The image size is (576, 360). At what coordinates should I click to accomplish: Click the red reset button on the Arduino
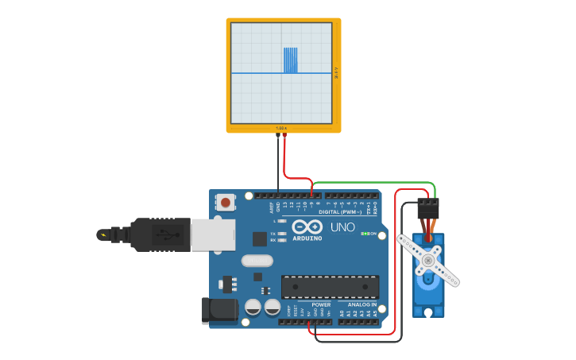tap(226, 203)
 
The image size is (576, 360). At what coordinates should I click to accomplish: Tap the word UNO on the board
tap(342, 228)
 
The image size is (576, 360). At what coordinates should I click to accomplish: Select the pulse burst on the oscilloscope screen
tap(291, 60)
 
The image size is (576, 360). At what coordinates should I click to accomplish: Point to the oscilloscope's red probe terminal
tap(284, 136)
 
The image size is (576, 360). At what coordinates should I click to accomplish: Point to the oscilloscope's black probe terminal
tap(278, 136)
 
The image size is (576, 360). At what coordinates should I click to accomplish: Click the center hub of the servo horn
tap(429, 260)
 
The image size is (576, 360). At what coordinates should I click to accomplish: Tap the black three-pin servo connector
tap(428, 208)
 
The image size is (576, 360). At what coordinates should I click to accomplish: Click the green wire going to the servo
tap(373, 184)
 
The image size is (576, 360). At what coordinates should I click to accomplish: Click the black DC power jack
tap(220, 311)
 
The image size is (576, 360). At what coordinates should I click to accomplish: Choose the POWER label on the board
tap(321, 304)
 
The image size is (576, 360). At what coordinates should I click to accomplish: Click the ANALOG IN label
tap(361, 304)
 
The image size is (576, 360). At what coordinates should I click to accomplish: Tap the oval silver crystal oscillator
tap(257, 261)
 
